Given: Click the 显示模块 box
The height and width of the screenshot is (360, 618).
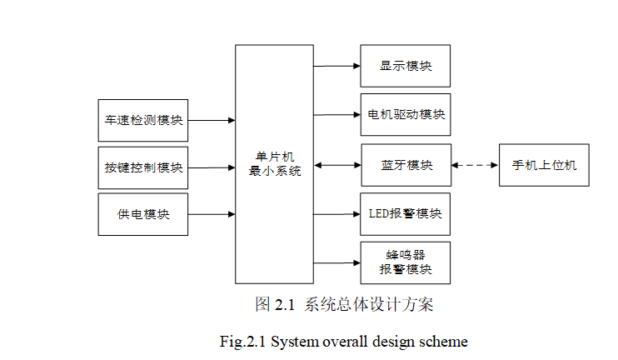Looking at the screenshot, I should tap(405, 66).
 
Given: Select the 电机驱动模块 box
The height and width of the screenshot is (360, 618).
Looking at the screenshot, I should tap(405, 115).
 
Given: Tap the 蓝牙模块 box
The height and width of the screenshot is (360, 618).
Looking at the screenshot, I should tap(405, 165).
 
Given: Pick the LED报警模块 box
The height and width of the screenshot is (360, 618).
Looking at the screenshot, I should tap(405, 213).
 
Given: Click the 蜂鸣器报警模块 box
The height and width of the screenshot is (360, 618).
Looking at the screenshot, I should tap(405, 262).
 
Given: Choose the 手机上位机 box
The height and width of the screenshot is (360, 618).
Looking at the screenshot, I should tap(544, 165).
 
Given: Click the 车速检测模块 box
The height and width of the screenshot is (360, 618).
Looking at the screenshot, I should tap(142, 120).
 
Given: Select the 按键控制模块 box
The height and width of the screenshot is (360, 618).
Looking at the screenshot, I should tap(142, 167).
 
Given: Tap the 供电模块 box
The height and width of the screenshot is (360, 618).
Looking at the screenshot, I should tap(142, 214).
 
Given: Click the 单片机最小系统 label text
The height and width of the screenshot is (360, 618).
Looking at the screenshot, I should tap(274, 163).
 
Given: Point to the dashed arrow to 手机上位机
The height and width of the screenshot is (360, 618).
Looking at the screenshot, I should tap(475, 165).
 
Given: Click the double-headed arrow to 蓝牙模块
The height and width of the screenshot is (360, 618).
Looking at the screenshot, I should tap(336, 165).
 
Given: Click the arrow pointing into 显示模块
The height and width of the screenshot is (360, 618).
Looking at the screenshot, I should tap(336, 66).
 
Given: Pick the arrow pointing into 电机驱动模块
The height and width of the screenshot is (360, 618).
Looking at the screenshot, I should tap(336, 115).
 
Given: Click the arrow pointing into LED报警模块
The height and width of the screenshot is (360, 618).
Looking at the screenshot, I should tap(336, 213).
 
